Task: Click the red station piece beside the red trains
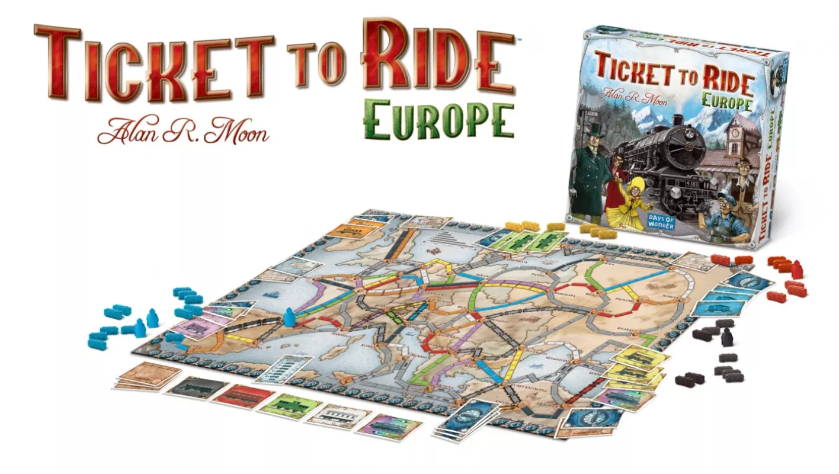(x=796, y=270)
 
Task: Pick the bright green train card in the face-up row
(x=290, y=405)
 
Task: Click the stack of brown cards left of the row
(x=148, y=376)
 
